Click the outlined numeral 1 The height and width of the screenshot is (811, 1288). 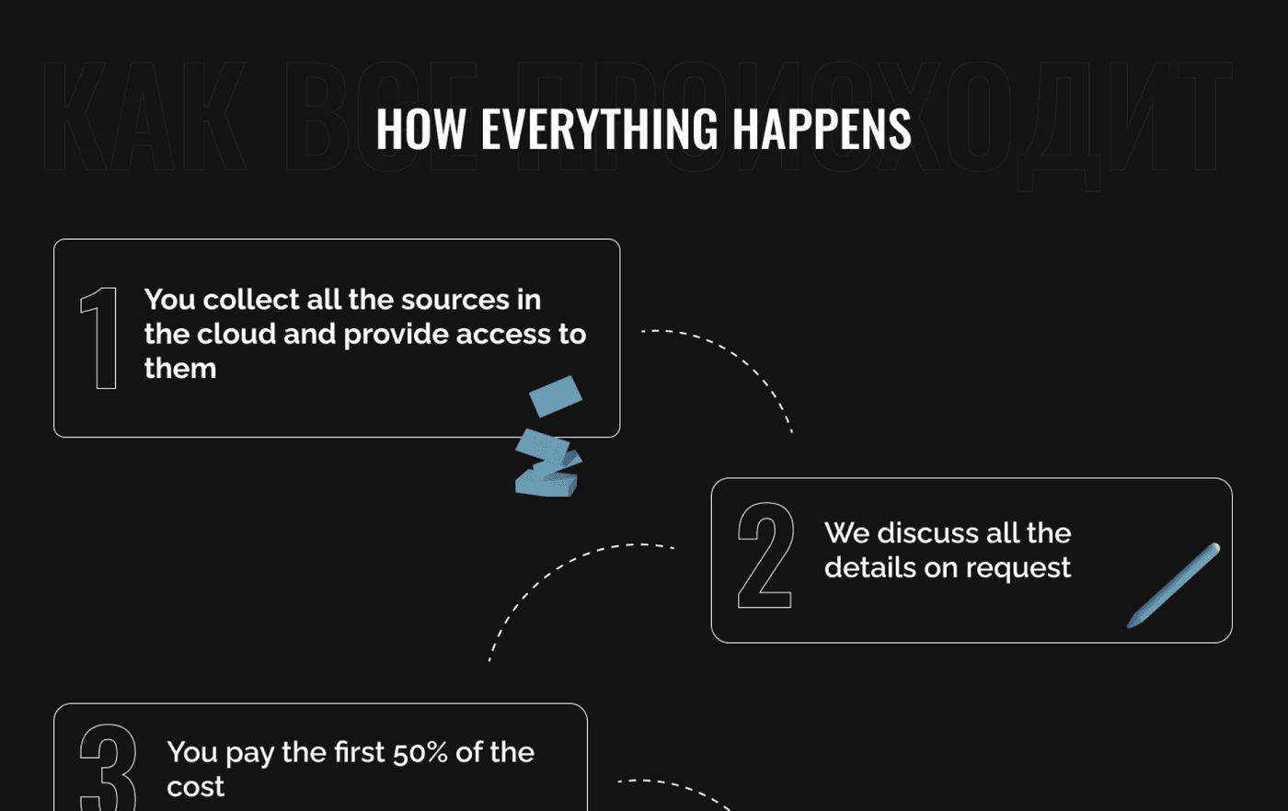click(x=100, y=337)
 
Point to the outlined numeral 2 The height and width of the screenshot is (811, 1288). click(x=765, y=555)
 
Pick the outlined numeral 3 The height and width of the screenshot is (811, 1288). click(x=108, y=767)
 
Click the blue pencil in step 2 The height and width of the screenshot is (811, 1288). click(x=1175, y=584)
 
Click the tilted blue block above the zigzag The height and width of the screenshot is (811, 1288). click(x=556, y=395)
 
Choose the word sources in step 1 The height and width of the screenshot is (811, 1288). click(x=439, y=300)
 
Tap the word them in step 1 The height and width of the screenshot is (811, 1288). click(x=180, y=368)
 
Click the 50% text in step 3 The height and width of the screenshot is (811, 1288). click(x=420, y=752)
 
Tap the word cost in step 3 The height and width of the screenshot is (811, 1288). click(x=195, y=787)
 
